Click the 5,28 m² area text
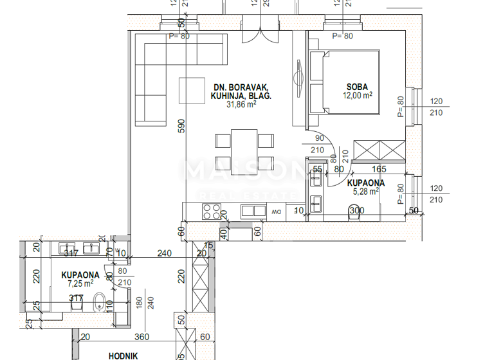pos(364,190)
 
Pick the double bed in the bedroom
pos(345,82)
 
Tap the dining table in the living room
pos(244,148)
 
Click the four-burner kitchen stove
pos(211,211)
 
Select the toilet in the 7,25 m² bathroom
pos(99,301)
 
